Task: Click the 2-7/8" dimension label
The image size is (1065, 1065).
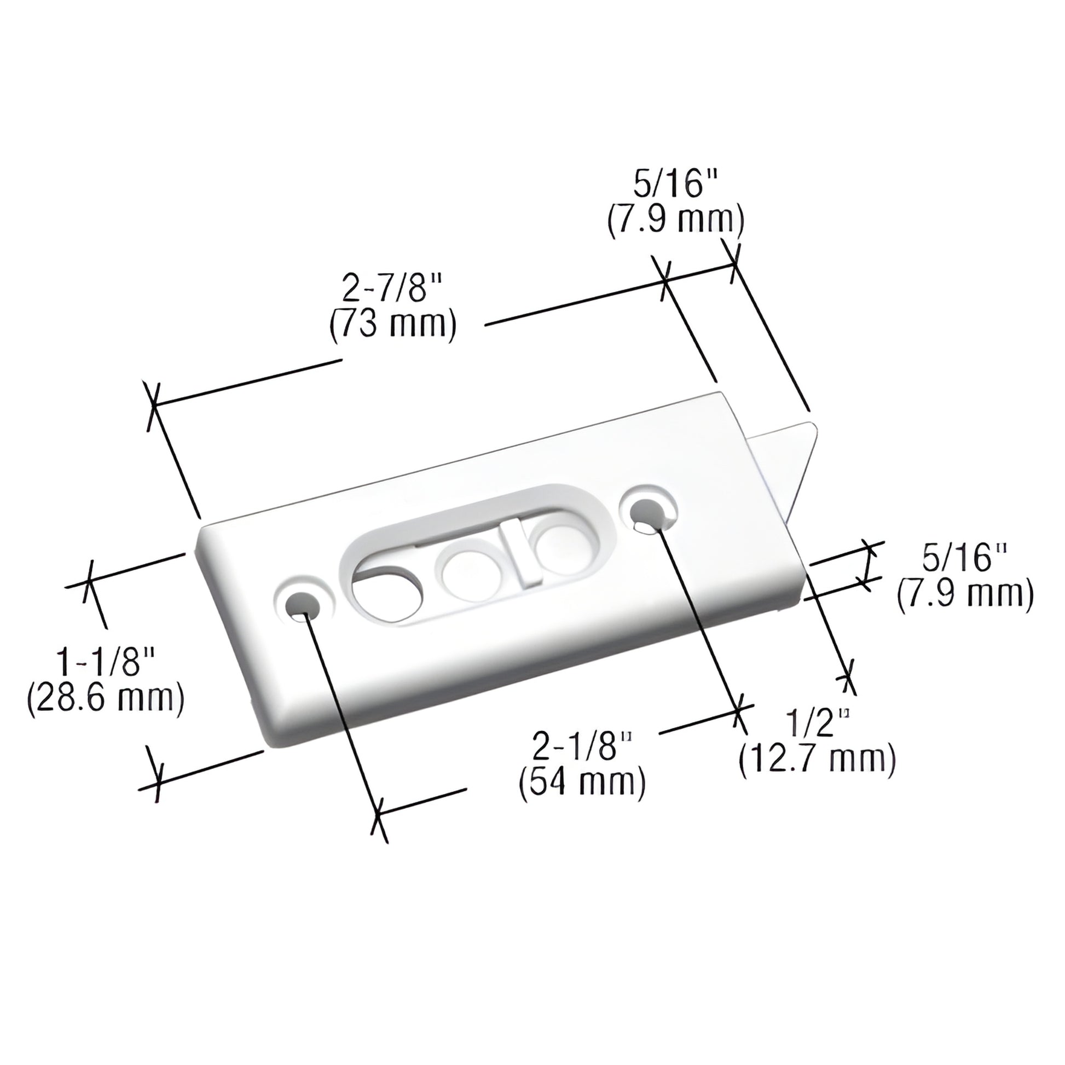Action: pyautogui.click(x=392, y=289)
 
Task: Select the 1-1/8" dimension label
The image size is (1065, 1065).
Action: pyautogui.click(x=105, y=663)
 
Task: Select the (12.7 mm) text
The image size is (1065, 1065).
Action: pyautogui.click(x=817, y=761)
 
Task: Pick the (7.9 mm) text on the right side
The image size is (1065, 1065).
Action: pyautogui.click(x=965, y=595)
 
